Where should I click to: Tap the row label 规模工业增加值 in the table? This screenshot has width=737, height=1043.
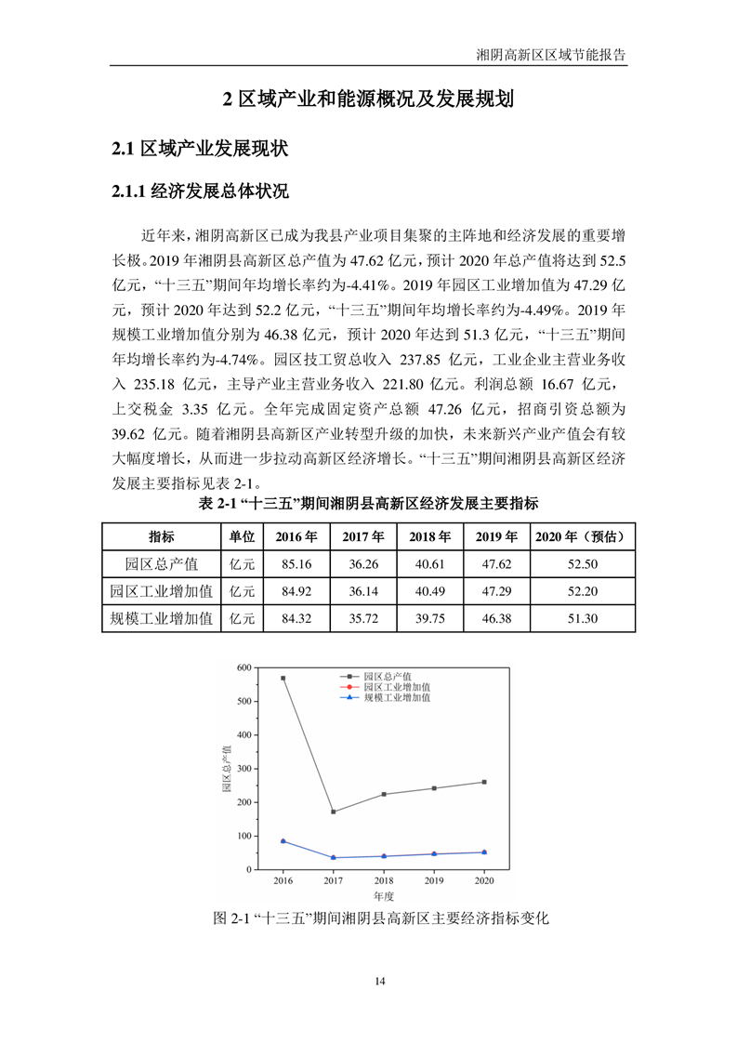tap(161, 617)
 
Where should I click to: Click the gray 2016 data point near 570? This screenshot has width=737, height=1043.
tap(283, 678)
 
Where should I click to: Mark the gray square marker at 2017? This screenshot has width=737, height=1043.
tap(334, 812)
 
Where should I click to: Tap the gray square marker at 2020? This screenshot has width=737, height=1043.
tap(484, 782)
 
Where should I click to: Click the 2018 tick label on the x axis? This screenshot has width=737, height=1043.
tap(384, 879)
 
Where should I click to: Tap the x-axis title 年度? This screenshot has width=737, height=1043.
tap(384, 895)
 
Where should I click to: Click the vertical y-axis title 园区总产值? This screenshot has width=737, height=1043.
tap(227, 768)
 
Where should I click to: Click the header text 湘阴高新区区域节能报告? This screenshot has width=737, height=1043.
tap(550, 55)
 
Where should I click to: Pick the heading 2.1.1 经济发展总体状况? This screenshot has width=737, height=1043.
tap(200, 192)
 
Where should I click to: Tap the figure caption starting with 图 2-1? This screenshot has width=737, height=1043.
tap(382, 918)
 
